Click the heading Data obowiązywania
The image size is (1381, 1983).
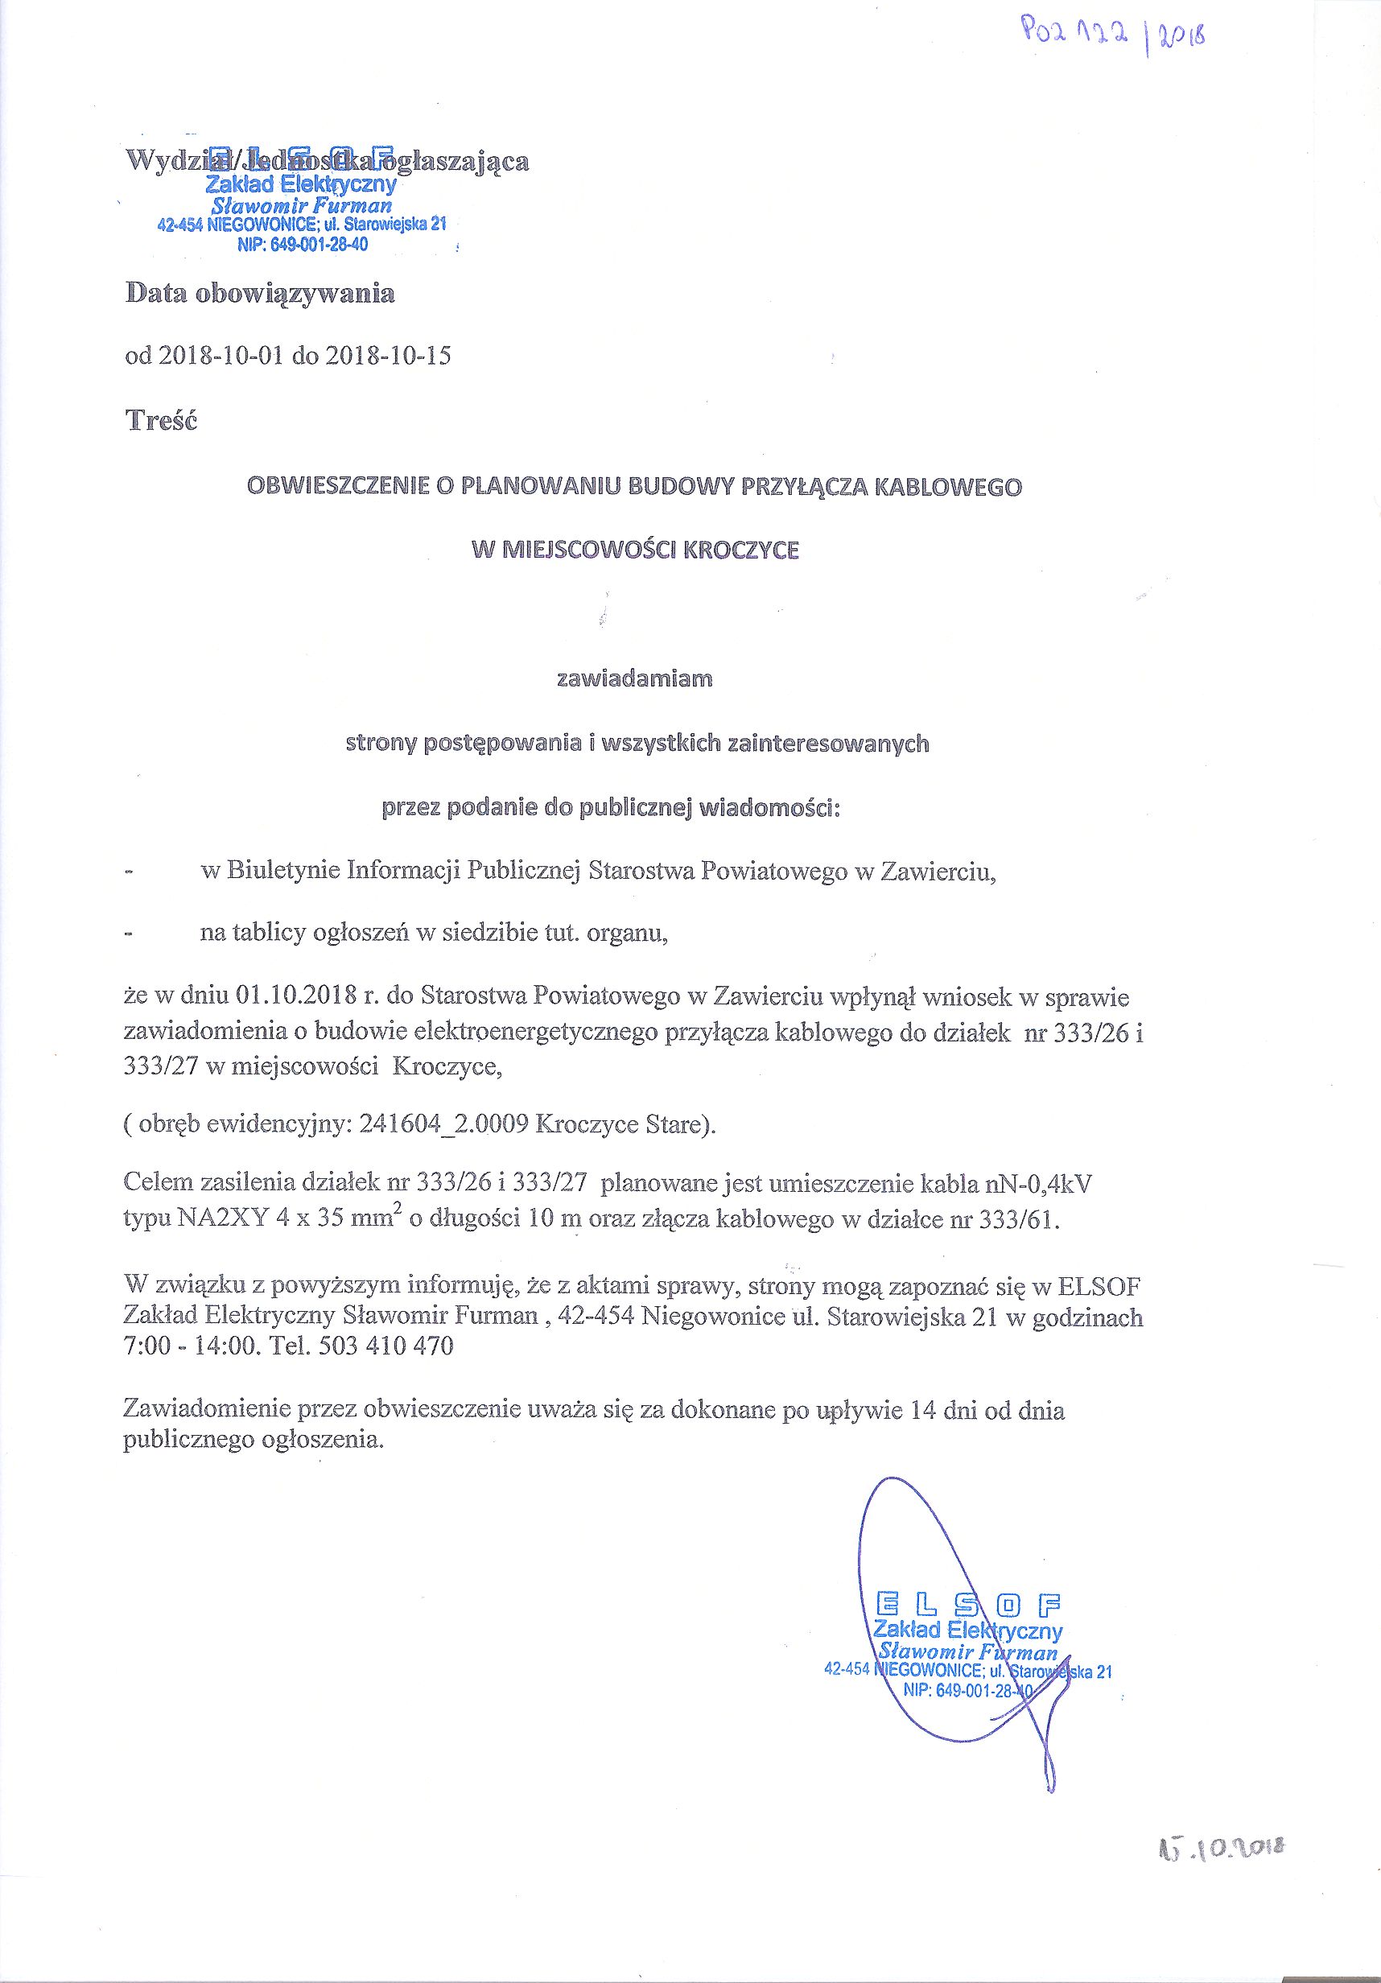click(260, 294)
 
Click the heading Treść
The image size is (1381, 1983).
click(161, 421)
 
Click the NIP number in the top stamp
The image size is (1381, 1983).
click(303, 245)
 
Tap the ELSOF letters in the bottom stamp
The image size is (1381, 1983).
click(968, 1606)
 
